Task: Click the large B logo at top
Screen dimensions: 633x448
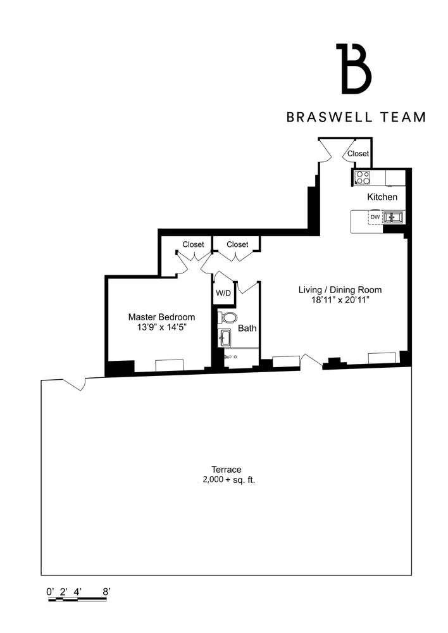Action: click(354, 68)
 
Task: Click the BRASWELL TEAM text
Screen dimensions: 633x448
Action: click(356, 117)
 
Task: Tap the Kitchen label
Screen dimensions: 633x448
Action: click(382, 197)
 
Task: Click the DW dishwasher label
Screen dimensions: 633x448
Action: click(375, 217)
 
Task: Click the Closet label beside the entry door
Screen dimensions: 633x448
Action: click(358, 153)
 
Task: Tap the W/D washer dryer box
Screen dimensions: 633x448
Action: click(223, 293)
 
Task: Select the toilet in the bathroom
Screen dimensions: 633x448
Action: click(227, 317)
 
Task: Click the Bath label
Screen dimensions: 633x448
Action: click(247, 328)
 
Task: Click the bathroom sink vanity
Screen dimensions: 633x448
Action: click(226, 337)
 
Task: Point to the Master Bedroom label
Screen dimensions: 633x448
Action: click(161, 317)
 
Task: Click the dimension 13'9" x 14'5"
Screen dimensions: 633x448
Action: click(161, 327)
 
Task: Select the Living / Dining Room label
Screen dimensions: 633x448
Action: click(340, 290)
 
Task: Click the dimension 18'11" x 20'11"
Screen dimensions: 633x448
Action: click(340, 300)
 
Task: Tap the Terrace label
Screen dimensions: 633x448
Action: click(226, 470)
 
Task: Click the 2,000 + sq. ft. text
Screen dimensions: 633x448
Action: click(228, 480)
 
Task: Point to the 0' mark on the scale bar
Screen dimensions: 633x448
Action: click(51, 591)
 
